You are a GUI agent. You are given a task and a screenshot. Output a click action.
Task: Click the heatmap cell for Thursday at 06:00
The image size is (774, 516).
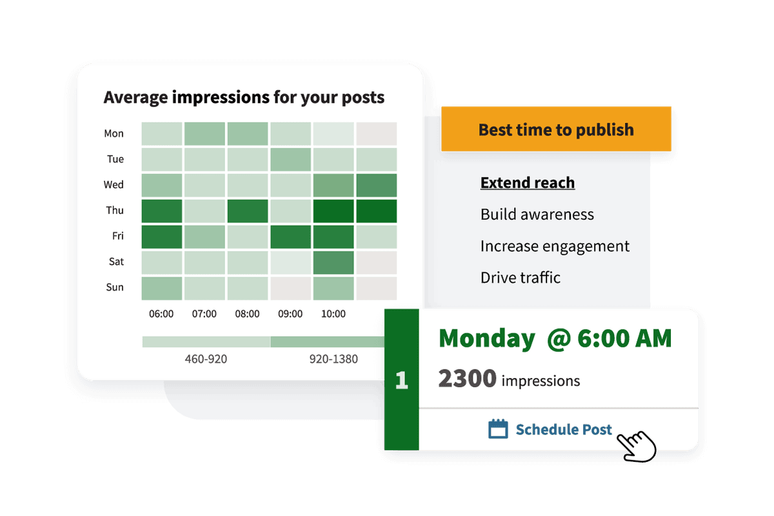coord(161,211)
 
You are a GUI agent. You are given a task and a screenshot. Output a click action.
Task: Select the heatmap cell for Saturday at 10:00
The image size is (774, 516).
coord(333,262)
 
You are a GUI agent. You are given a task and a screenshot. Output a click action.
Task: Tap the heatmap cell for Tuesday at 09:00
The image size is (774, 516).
coord(290,159)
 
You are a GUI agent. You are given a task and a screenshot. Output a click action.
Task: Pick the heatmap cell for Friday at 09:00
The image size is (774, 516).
coord(290,237)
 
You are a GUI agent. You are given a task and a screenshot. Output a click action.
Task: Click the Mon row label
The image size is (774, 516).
coord(114,134)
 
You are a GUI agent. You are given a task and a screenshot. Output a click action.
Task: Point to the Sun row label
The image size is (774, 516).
coord(115,287)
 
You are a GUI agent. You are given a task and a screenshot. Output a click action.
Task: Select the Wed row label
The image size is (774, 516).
coord(114,185)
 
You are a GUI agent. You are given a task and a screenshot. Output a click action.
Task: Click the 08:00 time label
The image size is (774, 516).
coord(247,314)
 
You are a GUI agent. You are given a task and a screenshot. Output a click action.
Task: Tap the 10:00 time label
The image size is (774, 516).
coord(333,314)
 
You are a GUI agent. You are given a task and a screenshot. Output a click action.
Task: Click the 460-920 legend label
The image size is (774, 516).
coord(206,359)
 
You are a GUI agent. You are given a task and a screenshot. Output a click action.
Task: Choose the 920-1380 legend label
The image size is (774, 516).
coord(334,359)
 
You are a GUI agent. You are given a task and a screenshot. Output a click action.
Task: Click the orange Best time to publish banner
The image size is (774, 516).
coord(556,130)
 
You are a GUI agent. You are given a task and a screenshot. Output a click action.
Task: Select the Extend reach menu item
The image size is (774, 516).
coord(528,183)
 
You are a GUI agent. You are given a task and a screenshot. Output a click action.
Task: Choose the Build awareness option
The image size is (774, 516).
coord(537,215)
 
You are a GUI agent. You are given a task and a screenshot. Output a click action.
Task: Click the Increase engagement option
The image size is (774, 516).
coord(555,246)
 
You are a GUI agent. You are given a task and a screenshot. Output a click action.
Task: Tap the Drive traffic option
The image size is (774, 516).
coord(520,278)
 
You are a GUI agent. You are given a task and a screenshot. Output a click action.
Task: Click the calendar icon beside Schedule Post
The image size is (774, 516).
coord(498,429)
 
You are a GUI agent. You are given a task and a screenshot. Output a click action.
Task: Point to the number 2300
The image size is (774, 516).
coord(467,379)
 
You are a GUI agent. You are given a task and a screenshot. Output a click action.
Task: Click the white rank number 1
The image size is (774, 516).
coord(401,380)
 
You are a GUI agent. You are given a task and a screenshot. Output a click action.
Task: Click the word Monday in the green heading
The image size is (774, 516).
coord(486,339)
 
